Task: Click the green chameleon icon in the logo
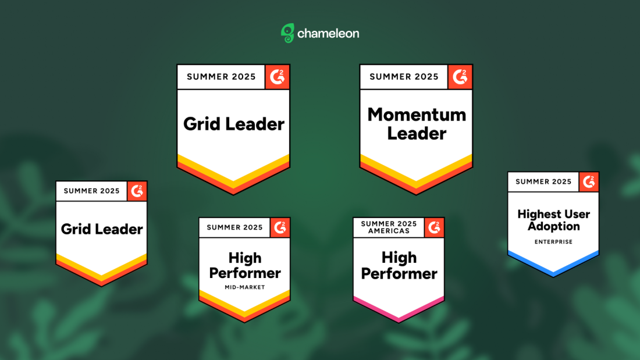[x=287, y=33]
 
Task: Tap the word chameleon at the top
[x=328, y=34]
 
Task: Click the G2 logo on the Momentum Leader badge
[x=460, y=77]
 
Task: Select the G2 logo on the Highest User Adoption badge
[x=589, y=181]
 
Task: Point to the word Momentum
[x=417, y=115]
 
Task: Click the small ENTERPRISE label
[x=553, y=241]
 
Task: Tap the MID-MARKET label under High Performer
[x=245, y=287]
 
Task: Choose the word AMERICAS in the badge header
[x=389, y=231]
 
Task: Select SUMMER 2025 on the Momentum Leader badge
[x=404, y=77]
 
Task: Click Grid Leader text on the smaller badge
[x=102, y=229]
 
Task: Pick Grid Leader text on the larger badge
[x=233, y=124]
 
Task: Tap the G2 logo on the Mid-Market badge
[x=280, y=227]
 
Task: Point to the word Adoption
[x=553, y=227]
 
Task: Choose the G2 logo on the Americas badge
[x=434, y=227]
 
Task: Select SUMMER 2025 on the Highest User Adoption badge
[x=543, y=181]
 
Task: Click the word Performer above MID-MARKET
[x=245, y=273]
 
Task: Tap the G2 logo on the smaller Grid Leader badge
[x=137, y=191]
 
